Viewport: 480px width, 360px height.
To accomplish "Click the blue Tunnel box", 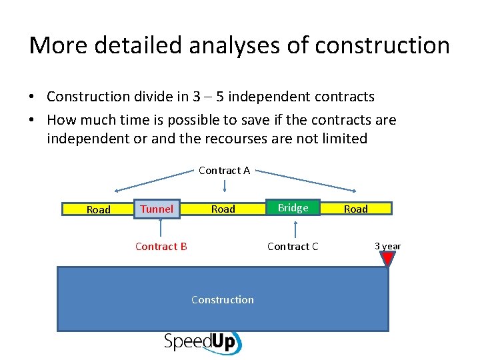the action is (157, 209).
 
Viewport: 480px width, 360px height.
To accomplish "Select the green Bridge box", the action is (293, 208).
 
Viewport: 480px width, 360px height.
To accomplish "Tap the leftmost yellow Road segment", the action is (98, 209).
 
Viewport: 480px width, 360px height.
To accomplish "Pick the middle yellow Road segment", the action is (223, 209).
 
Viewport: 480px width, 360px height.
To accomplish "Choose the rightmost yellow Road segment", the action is (355, 209).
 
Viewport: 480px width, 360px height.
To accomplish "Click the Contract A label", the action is (224, 170).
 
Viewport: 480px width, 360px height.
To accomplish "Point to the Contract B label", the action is (161, 246).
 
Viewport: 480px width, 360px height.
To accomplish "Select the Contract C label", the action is (293, 246).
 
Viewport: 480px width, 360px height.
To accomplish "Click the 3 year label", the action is (387, 246).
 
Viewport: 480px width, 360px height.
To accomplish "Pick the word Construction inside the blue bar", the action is (222, 299).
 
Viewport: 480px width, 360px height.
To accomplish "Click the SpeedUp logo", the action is (203, 342).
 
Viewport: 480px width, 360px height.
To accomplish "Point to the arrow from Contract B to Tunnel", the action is (160, 229).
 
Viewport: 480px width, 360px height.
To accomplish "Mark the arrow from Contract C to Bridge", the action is (293, 229).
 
